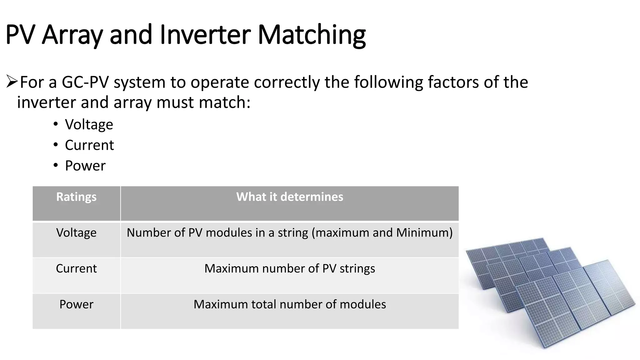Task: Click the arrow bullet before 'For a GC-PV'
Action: coord(12,82)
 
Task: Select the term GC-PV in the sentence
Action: coord(85,82)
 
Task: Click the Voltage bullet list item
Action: coord(89,124)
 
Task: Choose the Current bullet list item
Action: coord(89,145)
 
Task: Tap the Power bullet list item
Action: coord(85,166)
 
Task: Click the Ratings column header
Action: coord(76,197)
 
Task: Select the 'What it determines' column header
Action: coord(290,197)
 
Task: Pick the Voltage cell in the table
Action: coord(76,233)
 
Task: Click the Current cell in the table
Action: coord(76,268)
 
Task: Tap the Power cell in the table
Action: coord(76,304)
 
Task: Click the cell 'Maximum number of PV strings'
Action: coord(290,268)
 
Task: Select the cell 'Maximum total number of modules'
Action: coord(290,304)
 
